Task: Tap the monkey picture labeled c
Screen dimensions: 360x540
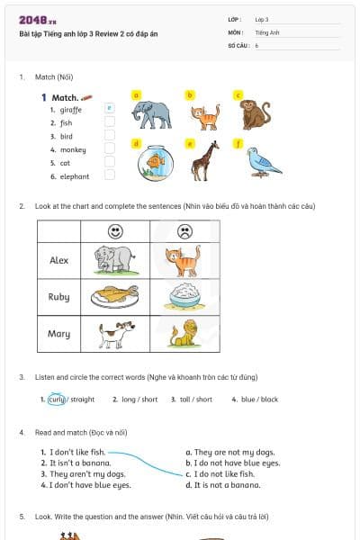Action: [x=255, y=113]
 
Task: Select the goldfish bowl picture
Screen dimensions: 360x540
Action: [x=155, y=162]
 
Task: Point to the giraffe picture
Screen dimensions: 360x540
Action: [x=205, y=160]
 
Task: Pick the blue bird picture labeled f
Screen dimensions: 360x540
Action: [x=263, y=160]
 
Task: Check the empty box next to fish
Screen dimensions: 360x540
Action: [x=110, y=121]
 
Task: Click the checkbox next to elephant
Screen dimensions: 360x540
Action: [x=110, y=175]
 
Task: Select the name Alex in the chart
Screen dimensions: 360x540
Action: [x=58, y=260]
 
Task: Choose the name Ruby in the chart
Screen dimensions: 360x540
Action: [x=58, y=296]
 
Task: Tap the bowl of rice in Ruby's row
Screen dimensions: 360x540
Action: [x=184, y=295]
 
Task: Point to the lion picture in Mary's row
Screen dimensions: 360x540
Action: [x=184, y=333]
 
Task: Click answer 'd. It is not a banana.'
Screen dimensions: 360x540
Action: [x=222, y=484]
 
